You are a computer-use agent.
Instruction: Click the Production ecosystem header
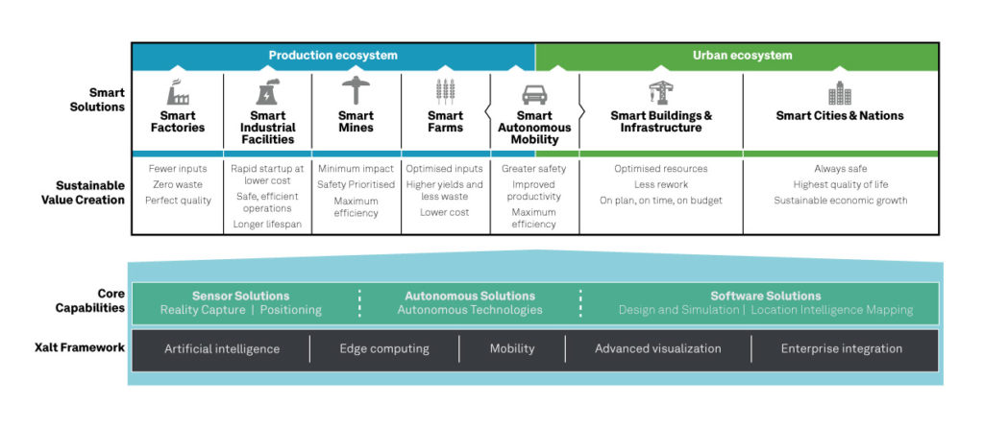[332, 56]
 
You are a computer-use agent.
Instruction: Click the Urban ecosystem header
[742, 56]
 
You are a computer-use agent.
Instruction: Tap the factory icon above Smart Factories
[178, 92]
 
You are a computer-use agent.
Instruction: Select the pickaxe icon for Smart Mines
[357, 91]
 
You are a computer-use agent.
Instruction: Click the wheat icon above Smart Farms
[445, 92]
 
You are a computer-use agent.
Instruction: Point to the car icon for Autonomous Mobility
[534, 94]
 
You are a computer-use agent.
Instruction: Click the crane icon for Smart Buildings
[660, 92]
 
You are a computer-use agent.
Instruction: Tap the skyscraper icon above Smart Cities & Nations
[839, 93]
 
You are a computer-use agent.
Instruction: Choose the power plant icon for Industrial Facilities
[266, 92]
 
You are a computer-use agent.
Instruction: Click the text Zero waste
[178, 184]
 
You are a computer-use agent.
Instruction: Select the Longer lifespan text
[266, 225]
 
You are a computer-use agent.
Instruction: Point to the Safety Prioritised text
[357, 184]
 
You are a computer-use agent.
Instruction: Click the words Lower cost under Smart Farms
[445, 212]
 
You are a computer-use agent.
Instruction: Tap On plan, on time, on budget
[660, 201]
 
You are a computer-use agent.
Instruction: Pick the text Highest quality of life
[840, 184]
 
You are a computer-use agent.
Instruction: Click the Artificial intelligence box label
[222, 348]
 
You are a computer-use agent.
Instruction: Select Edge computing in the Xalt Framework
[384, 348]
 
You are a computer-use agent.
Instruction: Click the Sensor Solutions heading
[240, 296]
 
